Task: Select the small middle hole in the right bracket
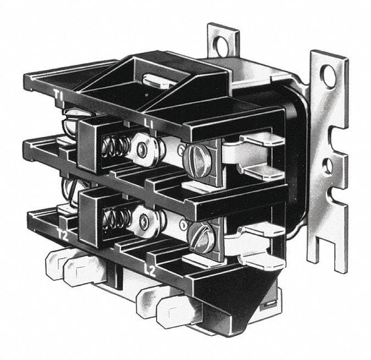point(328,164)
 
